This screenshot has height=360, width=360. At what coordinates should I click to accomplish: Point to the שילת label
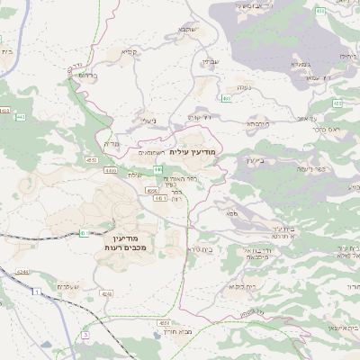pos(135,175)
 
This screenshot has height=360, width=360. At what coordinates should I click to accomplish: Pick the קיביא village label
pos(130,52)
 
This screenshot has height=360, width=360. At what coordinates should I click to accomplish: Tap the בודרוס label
pos(86,76)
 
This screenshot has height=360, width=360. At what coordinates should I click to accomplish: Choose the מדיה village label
pos(112,144)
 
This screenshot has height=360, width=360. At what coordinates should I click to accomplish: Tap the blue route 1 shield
pos(35,292)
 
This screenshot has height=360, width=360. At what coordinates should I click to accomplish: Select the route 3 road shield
pos(85,334)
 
